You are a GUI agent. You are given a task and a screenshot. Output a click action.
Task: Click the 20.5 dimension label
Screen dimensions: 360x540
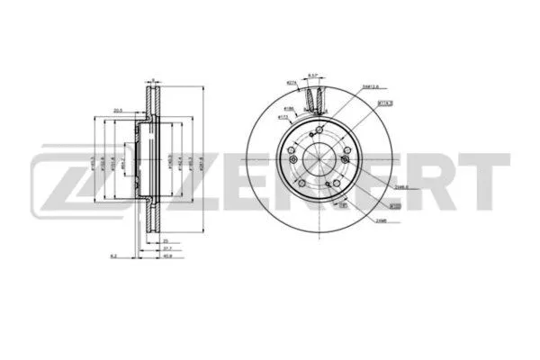[118, 112]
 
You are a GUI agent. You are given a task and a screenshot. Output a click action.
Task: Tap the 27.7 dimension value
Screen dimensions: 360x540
[168, 247]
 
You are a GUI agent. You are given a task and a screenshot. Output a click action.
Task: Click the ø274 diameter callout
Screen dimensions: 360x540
[292, 82]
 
